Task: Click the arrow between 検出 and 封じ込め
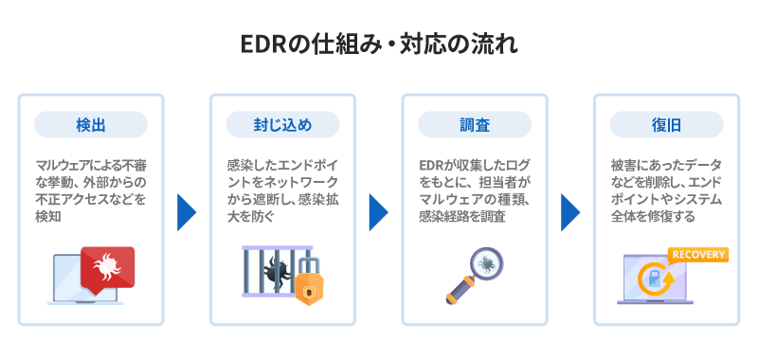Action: tap(187, 211)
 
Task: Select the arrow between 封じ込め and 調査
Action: tap(378, 211)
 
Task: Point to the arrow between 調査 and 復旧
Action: tap(569, 211)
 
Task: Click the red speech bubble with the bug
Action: tap(107, 267)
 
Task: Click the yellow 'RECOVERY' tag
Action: tap(697, 254)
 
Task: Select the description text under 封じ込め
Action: tap(282, 189)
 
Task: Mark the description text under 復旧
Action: tap(666, 189)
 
